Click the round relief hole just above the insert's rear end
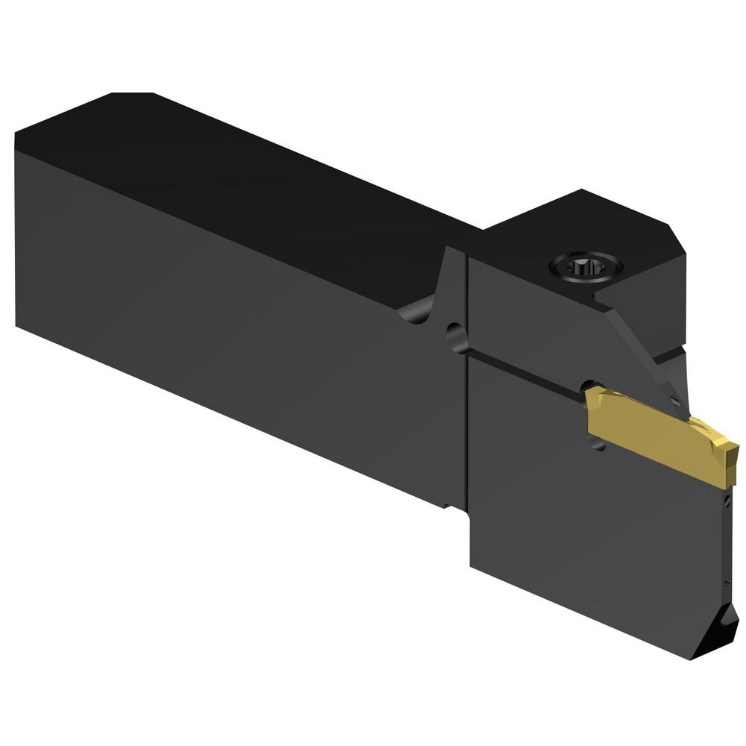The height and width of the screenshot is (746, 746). (584, 385)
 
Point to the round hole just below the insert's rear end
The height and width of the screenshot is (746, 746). (597, 445)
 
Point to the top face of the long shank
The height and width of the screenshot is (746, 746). (246, 179)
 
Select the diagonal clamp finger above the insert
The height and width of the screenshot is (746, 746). (642, 351)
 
